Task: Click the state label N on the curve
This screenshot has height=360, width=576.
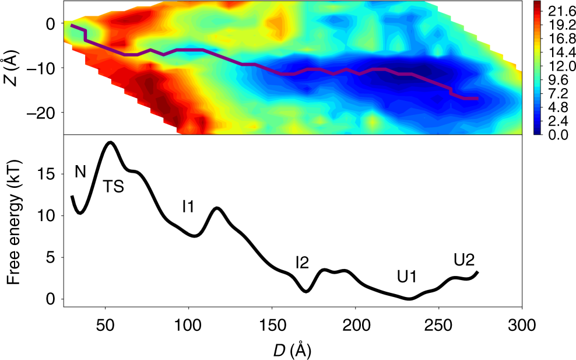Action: [80, 172]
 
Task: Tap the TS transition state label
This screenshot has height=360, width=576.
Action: [114, 187]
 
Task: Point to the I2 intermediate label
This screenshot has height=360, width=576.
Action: [301, 263]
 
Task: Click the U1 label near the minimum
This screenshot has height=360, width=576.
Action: [406, 277]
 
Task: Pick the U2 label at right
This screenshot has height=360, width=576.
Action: [465, 259]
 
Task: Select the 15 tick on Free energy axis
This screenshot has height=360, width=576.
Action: [48, 174]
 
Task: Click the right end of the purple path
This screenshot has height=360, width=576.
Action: [478, 99]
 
